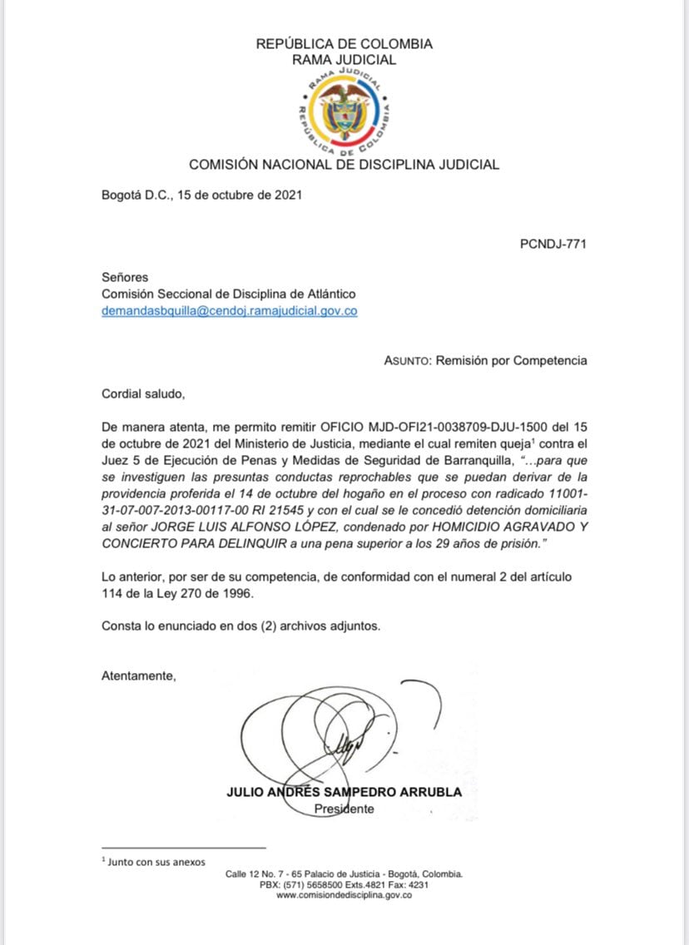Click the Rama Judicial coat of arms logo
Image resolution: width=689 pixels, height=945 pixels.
click(344, 113)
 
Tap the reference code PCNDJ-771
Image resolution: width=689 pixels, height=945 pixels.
click(553, 244)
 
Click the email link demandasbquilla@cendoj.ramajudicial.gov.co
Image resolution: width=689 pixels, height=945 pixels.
click(230, 311)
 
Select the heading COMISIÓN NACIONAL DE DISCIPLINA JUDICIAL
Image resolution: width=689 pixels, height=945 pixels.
click(344, 165)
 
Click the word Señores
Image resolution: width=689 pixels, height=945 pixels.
click(125, 277)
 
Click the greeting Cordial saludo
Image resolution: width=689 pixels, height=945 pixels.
click(139, 393)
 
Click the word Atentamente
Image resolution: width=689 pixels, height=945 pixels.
click(139, 675)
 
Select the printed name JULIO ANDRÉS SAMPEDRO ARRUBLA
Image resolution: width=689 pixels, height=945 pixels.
click(344, 792)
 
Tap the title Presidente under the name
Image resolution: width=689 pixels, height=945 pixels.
click(344, 809)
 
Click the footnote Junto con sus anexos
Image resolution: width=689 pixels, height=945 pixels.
click(156, 862)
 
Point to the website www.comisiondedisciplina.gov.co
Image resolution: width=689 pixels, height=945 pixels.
click(344, 895)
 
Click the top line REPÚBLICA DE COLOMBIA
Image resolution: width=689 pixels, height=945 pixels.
click(344, 44)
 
